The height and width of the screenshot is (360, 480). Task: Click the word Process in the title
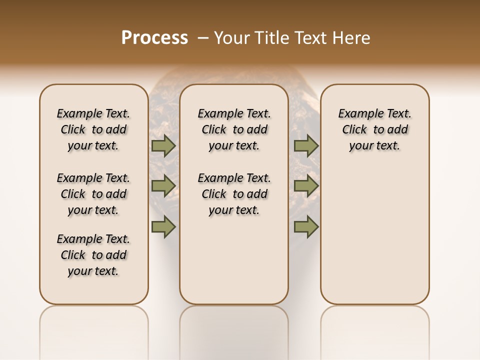coord(154,37)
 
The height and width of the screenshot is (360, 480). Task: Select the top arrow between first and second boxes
coord(163,146)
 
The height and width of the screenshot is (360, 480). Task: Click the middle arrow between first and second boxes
coord(163,186)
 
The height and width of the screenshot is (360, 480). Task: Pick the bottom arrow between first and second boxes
coord(163,227)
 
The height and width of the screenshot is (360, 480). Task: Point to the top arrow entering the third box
coord(306,146)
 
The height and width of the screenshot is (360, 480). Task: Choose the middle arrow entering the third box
coord(306,186)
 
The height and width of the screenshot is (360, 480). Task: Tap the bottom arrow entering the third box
coord(306,227)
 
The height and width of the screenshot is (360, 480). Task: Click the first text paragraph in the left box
coord(93,129)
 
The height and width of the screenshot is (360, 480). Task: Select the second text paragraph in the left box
coord(93,194)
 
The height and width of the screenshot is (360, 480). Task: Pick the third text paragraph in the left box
coord(93,255)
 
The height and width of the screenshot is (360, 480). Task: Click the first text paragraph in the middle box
coord(234,129)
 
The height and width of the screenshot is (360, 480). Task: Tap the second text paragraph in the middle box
coord(234,194)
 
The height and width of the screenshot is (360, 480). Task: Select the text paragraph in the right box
coord(375,129)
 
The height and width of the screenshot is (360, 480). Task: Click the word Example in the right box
coord(357,114)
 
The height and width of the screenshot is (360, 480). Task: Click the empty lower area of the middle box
coord(234,260)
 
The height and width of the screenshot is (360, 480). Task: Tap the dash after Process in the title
coord(203,37)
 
